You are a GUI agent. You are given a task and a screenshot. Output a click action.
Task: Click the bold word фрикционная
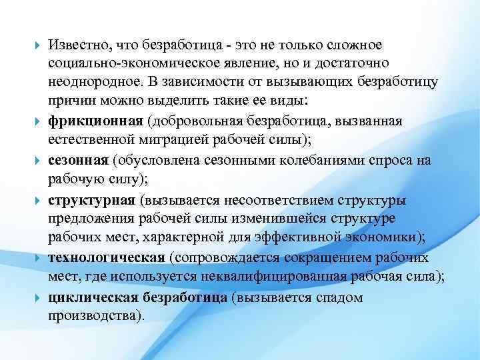[95, 121]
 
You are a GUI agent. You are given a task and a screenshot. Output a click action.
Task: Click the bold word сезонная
[78, 160]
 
